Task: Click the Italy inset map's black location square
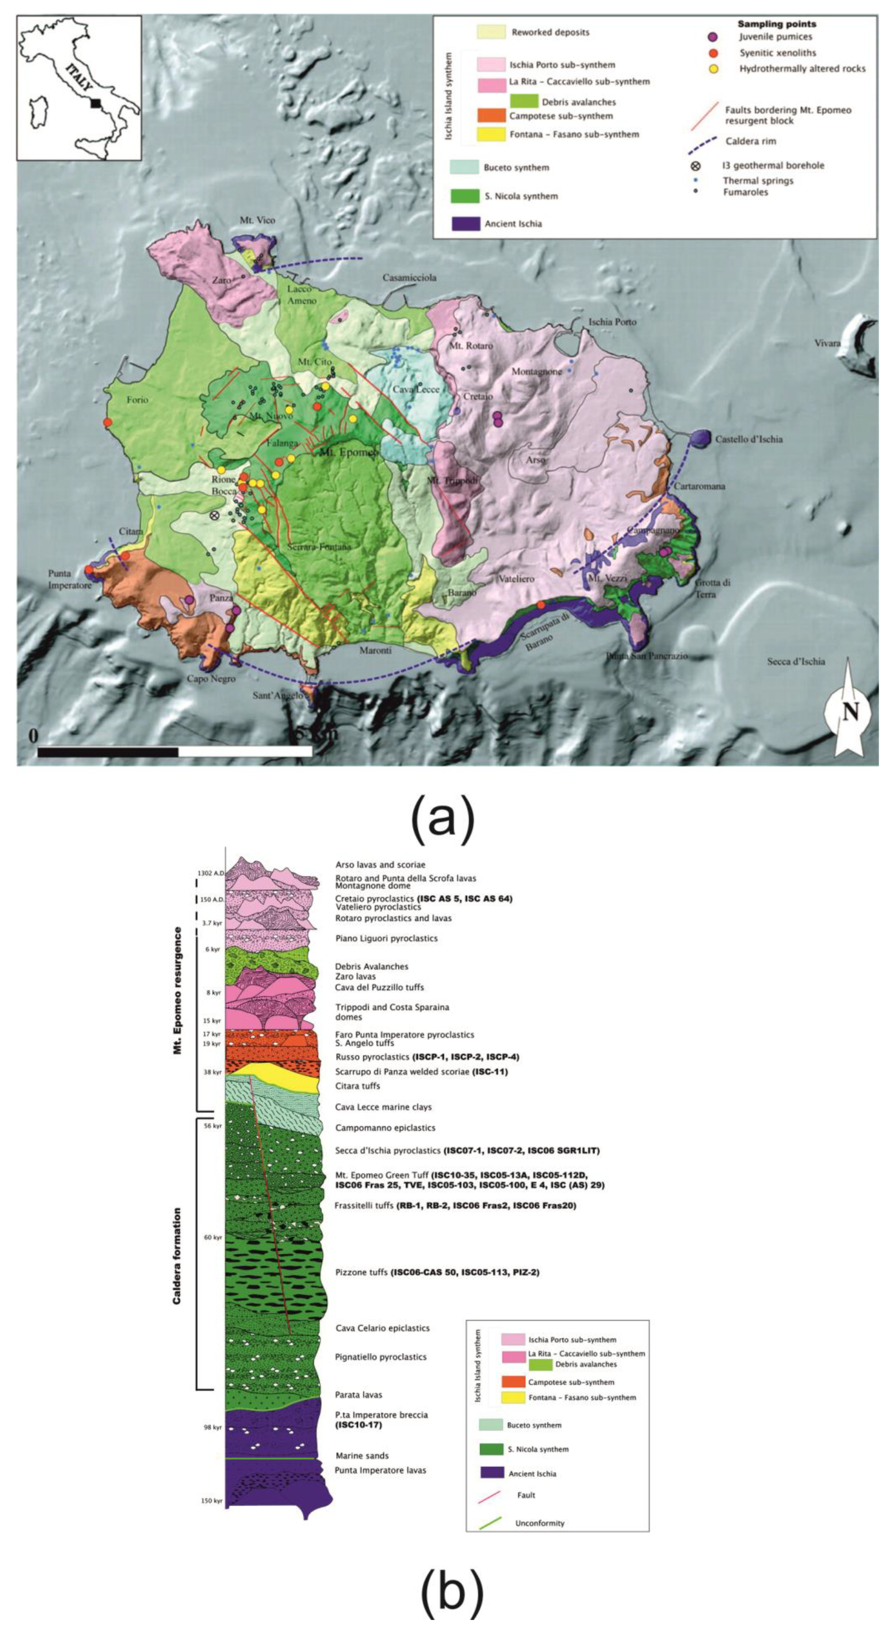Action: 95,103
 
